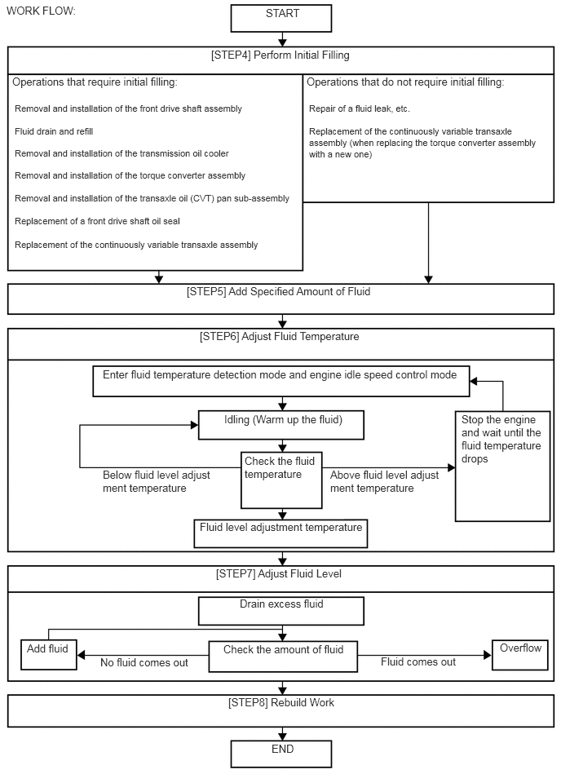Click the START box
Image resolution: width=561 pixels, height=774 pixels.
[x=281, y=18]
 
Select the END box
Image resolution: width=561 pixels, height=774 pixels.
[x=281, y=754]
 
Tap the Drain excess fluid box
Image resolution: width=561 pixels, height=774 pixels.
[x=281, y=611]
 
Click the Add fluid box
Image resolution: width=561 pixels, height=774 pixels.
[x=49, y=655]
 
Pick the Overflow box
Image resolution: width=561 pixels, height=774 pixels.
[x=520, y=655]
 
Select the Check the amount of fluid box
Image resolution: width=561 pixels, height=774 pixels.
[x=283, y=657]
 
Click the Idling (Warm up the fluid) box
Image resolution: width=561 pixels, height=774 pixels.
[x=281, y=425]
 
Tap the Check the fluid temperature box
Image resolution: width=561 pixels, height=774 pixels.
[x=282, y=480]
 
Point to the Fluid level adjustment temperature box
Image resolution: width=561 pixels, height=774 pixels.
[x=280, y=533]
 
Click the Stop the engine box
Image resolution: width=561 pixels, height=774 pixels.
[x=503, y=467]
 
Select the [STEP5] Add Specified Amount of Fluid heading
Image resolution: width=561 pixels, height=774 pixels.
[x=279, y=292]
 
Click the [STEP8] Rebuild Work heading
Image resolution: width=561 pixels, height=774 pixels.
[x=281, y=702]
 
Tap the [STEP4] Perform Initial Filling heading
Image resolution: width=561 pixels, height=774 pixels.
[x=280, y=55]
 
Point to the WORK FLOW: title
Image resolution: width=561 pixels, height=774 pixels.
[x=41, y=11]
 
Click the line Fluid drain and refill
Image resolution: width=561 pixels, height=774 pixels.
[x=54, y=131]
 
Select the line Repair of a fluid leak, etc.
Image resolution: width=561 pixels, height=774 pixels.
[x=360, y=108]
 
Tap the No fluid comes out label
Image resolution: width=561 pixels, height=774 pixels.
[x=144, y=662]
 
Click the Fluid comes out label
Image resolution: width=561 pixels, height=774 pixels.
[x=418, y=662]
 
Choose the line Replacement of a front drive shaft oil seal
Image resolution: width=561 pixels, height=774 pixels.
[x=97, y=221]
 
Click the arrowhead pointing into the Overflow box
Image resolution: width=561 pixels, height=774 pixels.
[x=488, y=656]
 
